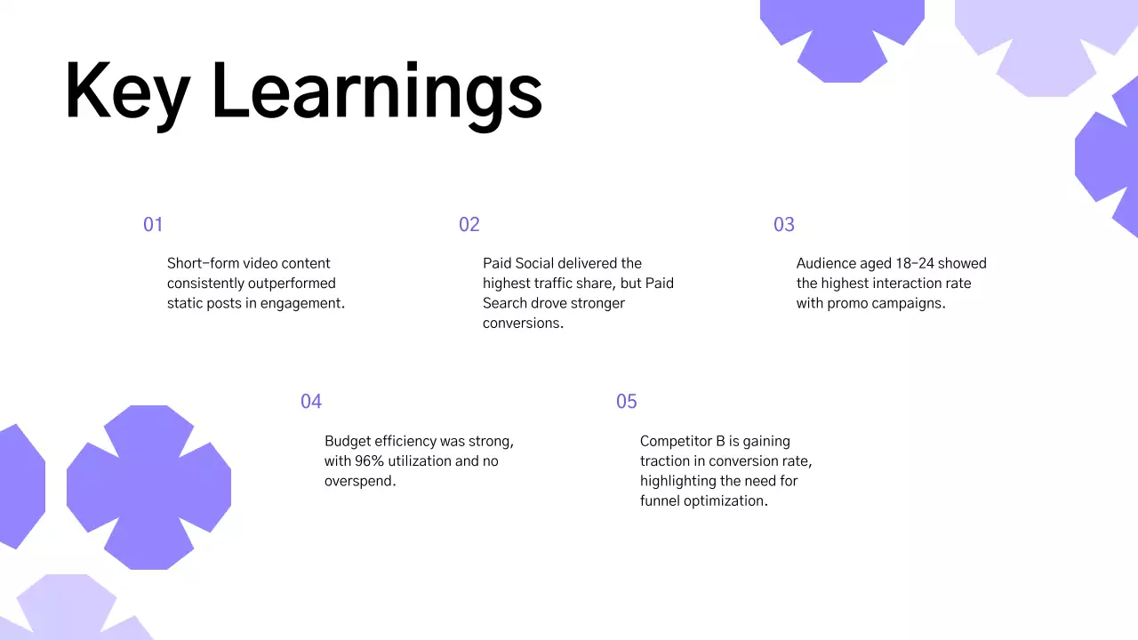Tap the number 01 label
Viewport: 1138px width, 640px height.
[153, 225]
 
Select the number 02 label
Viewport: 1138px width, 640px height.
[469, 225]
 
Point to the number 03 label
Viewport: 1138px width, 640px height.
[783, 225]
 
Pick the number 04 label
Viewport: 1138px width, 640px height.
[310, 402]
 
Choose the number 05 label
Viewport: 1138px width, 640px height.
[626, 402]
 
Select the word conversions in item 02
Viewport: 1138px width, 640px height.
[523, 324]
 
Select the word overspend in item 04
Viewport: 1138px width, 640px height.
[359, 482]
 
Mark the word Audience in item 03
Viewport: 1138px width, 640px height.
[827, 263]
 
